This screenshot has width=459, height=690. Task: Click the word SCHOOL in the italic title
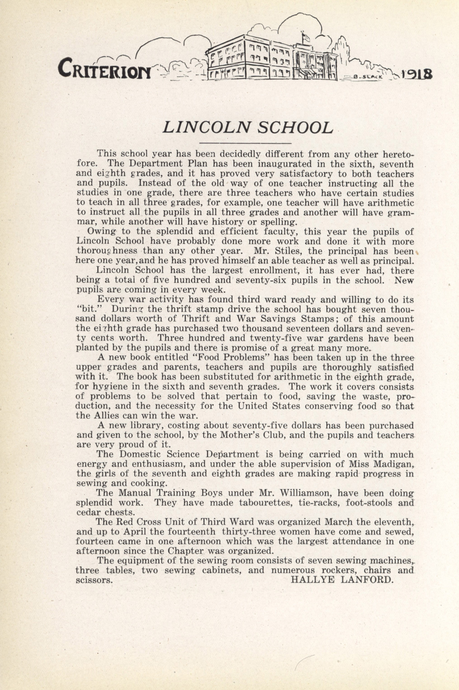point(296,127)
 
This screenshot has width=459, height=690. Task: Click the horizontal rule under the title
point(245,143)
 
